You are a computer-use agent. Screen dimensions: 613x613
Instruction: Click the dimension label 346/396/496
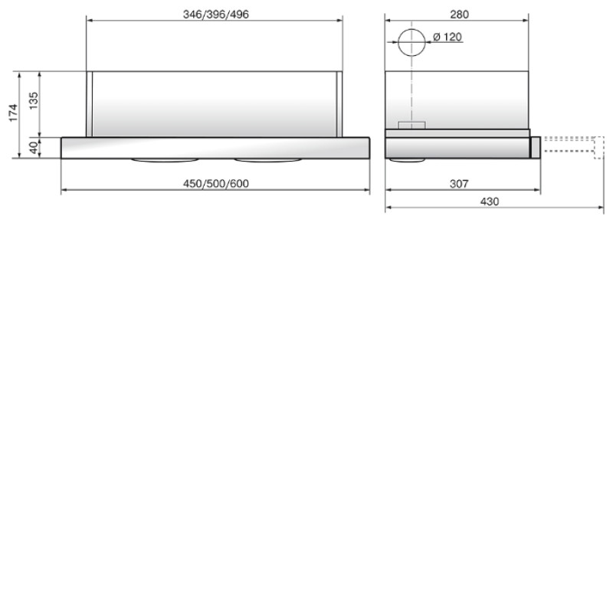click(x=216, y=15)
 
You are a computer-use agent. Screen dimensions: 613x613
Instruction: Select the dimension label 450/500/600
click(x=216, y=183)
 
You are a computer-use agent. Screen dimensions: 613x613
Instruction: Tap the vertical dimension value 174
click(x=13, y=113)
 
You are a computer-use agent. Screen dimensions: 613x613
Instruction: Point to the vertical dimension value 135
click(x=34, y=100)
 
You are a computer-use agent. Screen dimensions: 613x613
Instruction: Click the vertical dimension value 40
click(x=34, y=147)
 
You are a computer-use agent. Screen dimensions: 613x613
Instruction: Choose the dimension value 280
click(x=459, y=15)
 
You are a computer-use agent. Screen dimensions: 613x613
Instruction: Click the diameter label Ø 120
click(x=447, y=37)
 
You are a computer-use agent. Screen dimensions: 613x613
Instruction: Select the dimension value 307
click(x=459, y=183)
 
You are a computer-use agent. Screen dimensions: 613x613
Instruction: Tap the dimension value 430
click(x=490, y=202)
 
